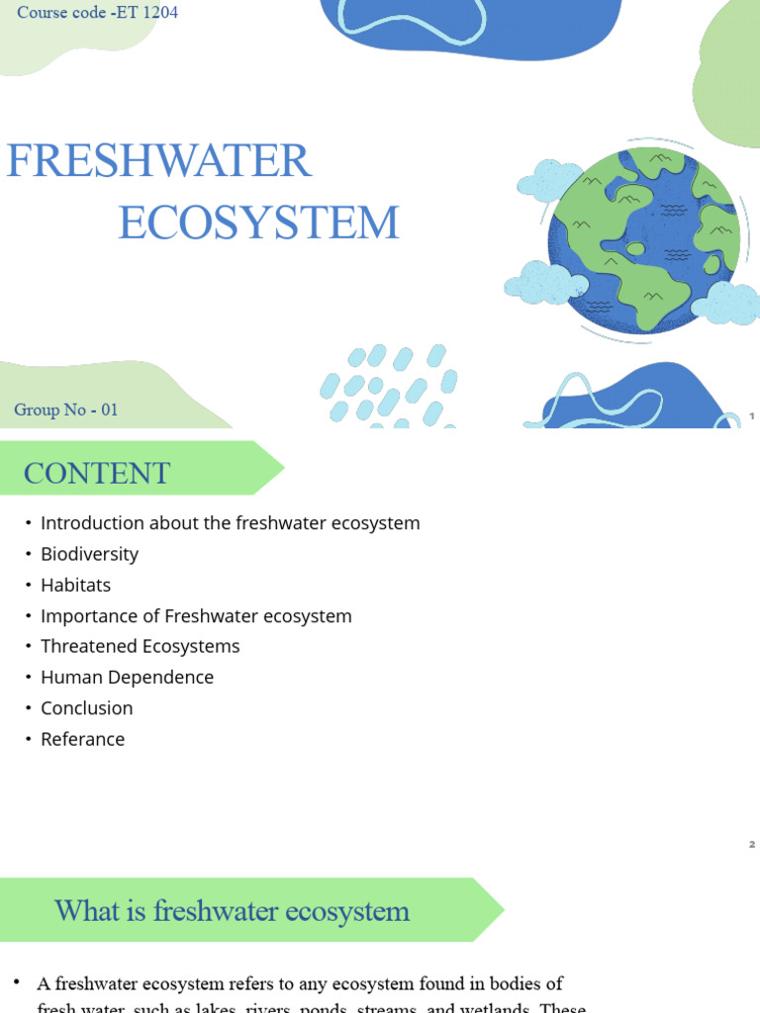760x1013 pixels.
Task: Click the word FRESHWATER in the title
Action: [159, 161]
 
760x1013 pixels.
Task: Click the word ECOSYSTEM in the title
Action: [259, 223]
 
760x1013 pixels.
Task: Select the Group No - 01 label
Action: [66, 410]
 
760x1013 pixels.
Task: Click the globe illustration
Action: [643, 238]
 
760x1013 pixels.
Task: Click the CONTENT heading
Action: [97, 473]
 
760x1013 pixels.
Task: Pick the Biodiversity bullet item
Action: [89, 554]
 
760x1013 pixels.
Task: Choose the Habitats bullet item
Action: [75, 585]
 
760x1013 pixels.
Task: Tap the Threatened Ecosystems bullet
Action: [140, 646]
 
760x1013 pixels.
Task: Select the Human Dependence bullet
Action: [127, 677]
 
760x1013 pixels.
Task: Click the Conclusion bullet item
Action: [86, 708]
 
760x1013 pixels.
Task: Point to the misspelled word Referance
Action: [82, 739]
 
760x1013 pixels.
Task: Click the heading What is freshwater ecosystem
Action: [232, 910]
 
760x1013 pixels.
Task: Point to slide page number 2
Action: [752, 844]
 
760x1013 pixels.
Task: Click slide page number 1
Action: [752, 416]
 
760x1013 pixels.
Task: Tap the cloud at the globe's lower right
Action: [727, 303]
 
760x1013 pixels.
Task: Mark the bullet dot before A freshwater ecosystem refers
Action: [17, 982]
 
